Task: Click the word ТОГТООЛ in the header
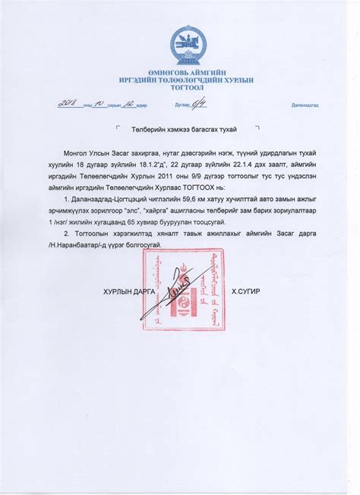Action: tap(186, 88)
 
